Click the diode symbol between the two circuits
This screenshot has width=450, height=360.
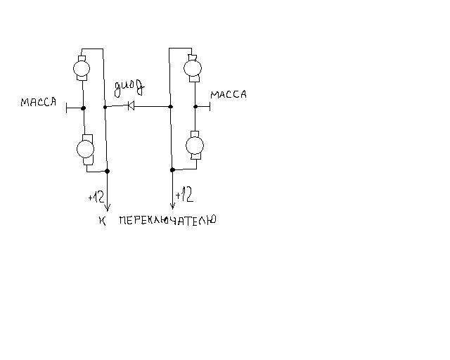tap(130, 107)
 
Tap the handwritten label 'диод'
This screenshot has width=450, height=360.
tap(130, 88)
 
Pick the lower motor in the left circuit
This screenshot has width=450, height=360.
tap(84, 149)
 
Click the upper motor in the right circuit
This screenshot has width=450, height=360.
tap(192, 68)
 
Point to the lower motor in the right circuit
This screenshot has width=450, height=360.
tap(193, 146)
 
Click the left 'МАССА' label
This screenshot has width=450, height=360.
tap(38, 102)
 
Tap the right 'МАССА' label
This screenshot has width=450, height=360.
tap(229, 94)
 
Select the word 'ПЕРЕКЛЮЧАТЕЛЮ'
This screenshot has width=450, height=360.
tap(167, 220)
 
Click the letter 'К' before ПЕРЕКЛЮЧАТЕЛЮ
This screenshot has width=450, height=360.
tap(103, 221)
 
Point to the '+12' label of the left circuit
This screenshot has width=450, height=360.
tap(96, 198)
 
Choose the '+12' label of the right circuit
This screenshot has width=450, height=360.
tap(184, 194)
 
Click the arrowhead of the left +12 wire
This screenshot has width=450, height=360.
tap(107, 207)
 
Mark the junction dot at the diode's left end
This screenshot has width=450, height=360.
tap(105, 107)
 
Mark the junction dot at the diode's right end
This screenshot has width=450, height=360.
tap(172, 107)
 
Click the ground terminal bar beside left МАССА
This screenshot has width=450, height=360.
tap(65, 108)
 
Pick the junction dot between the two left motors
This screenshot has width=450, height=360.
tap(84, 108)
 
